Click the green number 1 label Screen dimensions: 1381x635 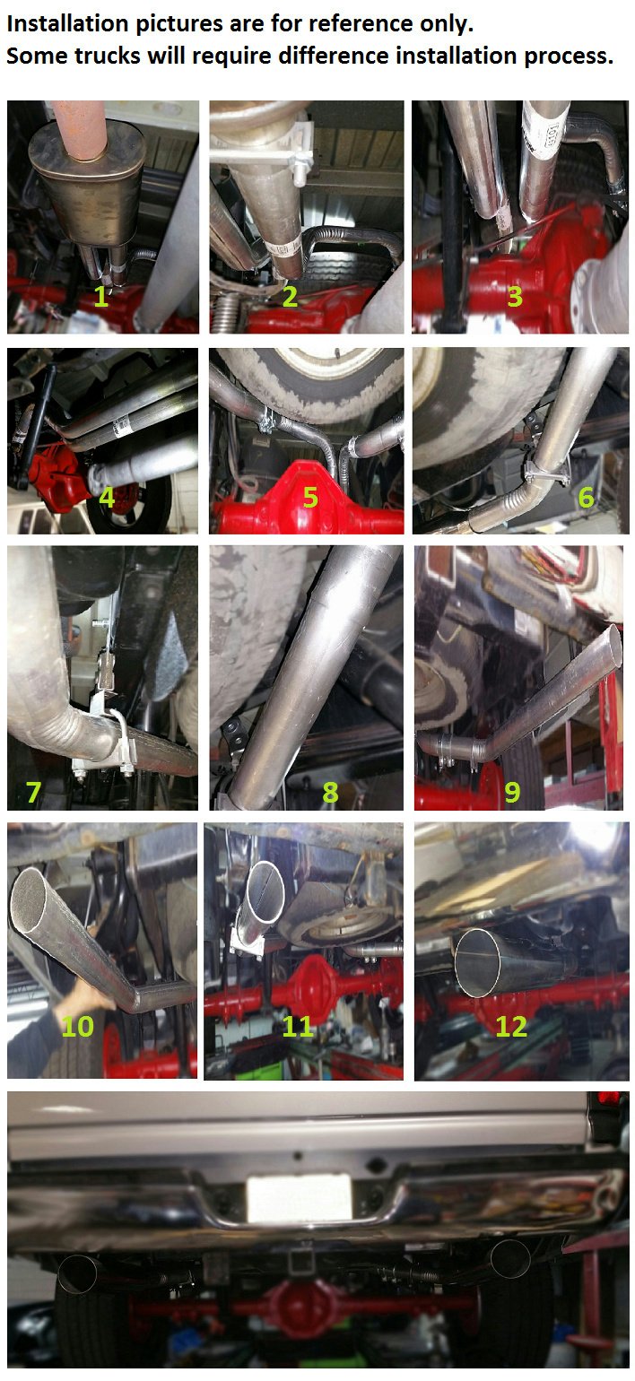(x=100, y=297)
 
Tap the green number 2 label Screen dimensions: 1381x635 (x=290, y=297)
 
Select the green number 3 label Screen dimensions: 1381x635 (x=514, y=297)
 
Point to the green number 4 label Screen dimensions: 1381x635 (x=107, y=496)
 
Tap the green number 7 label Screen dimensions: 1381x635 (x=33, y=792)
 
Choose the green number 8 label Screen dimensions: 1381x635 (x=330, y=792)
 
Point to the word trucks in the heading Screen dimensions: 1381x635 (x=103, y=56)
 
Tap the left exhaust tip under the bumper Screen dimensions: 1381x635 (x=78, y=1274)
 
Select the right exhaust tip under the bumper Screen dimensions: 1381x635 (x=509, y=1257)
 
